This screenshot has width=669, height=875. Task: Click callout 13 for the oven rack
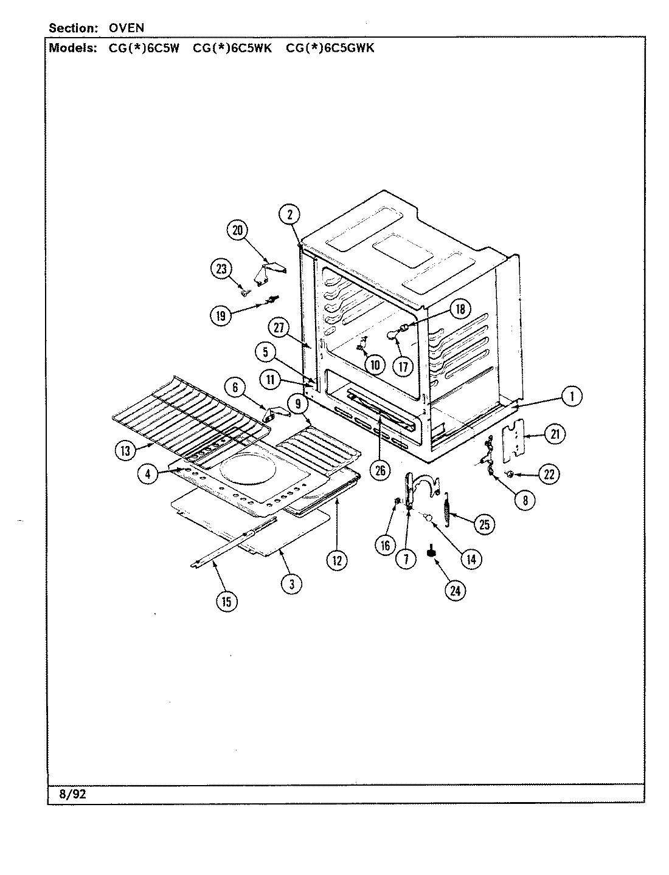click(126, 450)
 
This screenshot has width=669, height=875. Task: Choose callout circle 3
click(292, 584)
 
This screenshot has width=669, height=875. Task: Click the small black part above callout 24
click(432, 552)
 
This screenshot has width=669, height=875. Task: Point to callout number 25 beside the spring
click(484, 524)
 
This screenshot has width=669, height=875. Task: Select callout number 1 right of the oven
click(570, 397)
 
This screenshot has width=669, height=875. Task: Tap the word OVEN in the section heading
click(127, 28)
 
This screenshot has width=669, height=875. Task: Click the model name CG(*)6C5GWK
click(330, 48)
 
